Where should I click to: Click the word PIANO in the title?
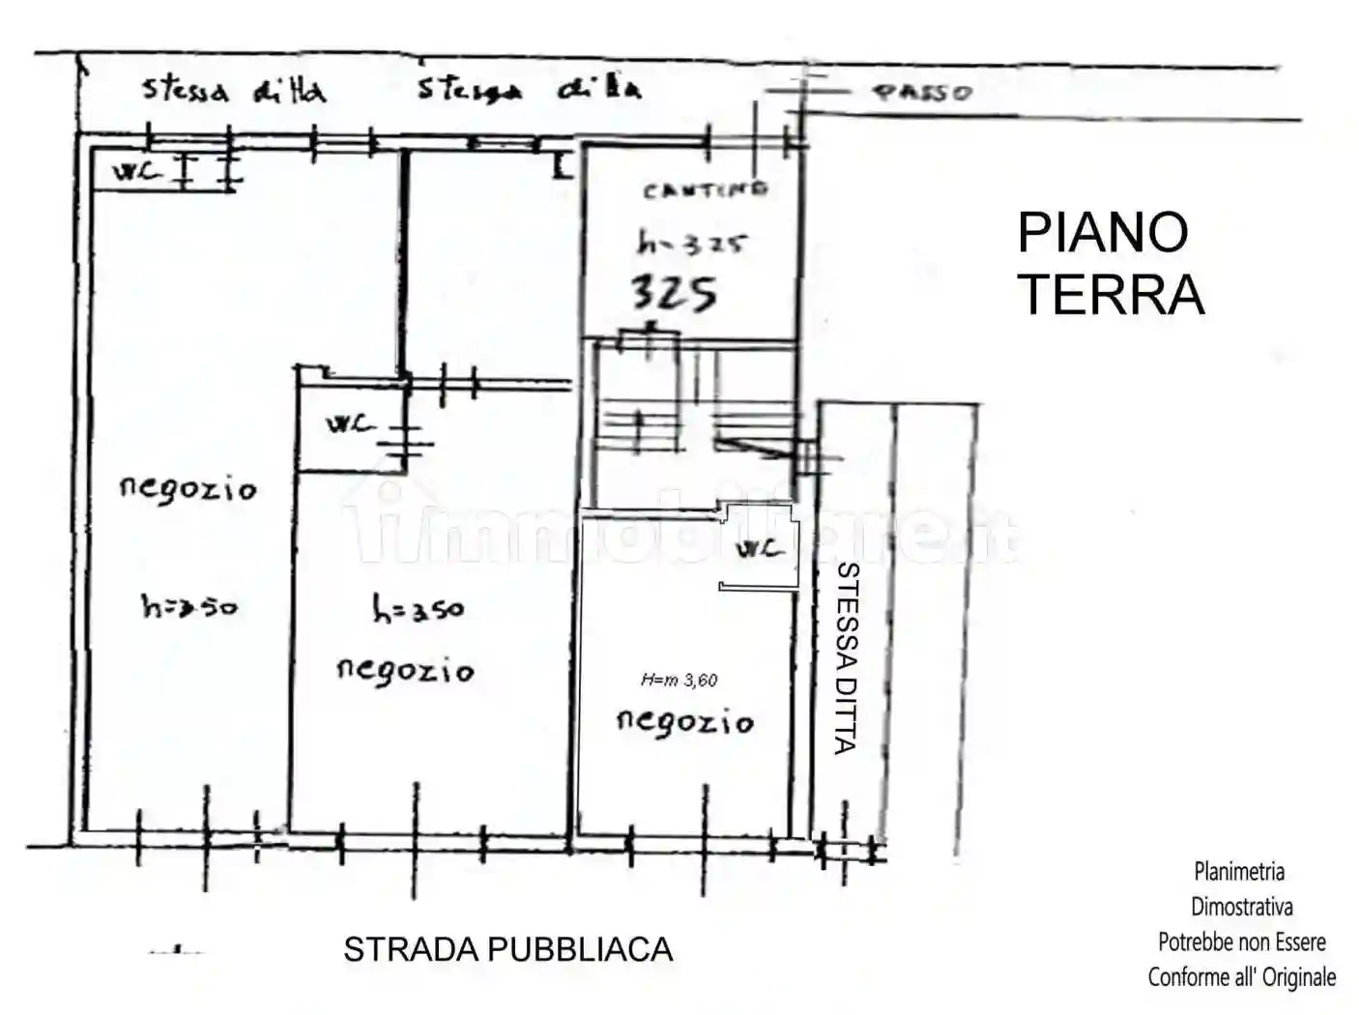[x=1102, y=233]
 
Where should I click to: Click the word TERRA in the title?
[x=1112, y=295]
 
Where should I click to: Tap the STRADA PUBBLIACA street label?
[x=507, y=949]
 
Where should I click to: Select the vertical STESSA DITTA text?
[x=847, y=657]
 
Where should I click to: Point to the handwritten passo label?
[x=922, y=93]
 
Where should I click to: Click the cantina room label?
[x=706, y=190]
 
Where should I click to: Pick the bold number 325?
[x=674, y=292]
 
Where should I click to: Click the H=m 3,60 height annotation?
[x=679, y=681]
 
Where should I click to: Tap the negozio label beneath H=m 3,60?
[x=684, y=721]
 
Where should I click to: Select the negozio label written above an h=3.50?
[x=188, y=488]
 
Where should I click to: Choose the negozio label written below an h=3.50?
[x=405, y=670]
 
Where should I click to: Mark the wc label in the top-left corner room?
[x=135, y=172]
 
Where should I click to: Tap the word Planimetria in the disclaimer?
[x=1239, y=872]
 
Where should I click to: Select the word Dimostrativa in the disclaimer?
[x=1241, y=907]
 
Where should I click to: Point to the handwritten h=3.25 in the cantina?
[x=691, y=244]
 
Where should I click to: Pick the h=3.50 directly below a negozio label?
[x=188, y=607]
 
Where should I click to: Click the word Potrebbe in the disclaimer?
[x=1199, y=942]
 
